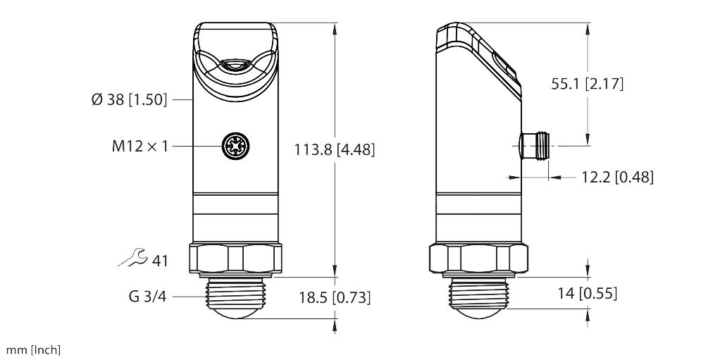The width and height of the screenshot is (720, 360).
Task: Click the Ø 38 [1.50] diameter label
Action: point(129,100)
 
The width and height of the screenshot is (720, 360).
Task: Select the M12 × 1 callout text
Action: point(139,147)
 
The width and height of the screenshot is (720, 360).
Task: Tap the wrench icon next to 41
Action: point(132,259)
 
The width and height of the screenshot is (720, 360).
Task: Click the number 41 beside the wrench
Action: point(160,261)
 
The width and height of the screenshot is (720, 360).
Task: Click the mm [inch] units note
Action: point(33,350)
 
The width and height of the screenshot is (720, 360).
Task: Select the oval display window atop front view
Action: point(235,66)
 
